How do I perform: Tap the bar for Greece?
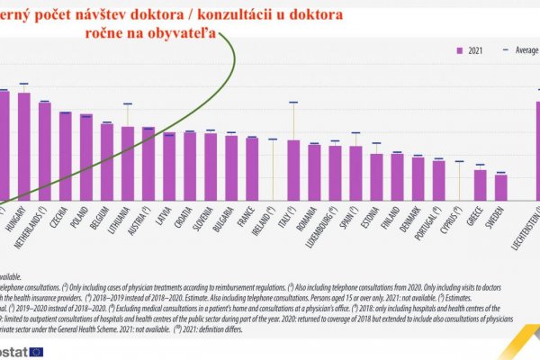coord(481,184)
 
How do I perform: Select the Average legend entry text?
coord(526,51)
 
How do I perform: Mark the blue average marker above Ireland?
coord(272,139)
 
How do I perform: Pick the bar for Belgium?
coord(106,162)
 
